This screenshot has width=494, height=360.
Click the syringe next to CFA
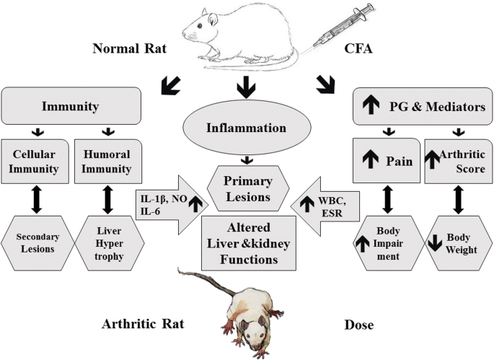pos(328,32)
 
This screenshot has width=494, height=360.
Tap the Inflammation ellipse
pos(247,128)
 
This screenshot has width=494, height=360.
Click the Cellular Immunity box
pos(34,160)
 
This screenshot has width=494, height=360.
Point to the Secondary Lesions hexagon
pos(34,241)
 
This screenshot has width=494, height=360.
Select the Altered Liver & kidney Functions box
pos(247,242)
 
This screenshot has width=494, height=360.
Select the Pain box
pos(386,160)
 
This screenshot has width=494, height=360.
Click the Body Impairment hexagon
pos(386,241)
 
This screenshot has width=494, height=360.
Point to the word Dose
pos(358,325)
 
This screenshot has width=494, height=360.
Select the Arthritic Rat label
pos(142,325)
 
